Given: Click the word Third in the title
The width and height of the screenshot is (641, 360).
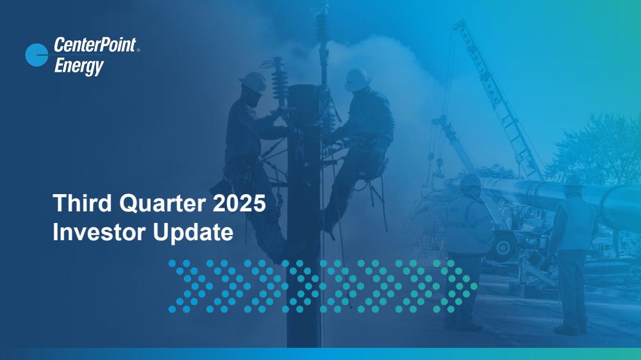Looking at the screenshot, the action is pos(82,203).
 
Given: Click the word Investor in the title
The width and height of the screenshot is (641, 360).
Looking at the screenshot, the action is pos(99,232).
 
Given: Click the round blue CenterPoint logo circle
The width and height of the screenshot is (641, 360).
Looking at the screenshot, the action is pos(37,54).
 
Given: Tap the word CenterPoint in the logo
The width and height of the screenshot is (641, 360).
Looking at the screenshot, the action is pos(95,45).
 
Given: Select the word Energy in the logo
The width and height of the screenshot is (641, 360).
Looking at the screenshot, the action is pos(79,67).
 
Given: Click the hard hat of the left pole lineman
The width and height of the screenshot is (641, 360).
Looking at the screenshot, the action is pos(253,82).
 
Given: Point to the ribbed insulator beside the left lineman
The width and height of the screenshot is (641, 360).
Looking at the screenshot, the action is pos(280,82).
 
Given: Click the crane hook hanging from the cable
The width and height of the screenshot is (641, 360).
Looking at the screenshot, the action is pos(439,164).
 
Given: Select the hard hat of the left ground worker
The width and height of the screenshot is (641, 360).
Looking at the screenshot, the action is pos(470,180).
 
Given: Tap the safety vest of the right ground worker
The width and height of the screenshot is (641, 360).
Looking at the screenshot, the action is pos(574,223).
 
